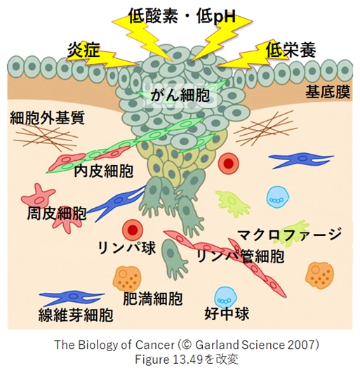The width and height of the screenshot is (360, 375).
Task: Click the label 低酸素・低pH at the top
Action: tap(182, 17)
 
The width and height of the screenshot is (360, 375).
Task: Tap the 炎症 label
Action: tap(83, 51)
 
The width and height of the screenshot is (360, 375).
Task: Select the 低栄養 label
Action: tap(291, 50)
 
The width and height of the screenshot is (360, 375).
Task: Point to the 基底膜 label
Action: tap(328, 92)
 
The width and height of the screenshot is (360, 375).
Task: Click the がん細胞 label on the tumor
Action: tap(180, 96)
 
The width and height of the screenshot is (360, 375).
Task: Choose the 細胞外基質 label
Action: tap(47, 117)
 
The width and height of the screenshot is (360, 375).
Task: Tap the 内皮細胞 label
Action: tap(104, 171)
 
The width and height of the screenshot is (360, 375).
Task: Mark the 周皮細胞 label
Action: tap(57, 213)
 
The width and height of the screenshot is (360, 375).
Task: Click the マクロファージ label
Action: tap(290, 235)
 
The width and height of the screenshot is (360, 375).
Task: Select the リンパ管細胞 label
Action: tap(241, 256)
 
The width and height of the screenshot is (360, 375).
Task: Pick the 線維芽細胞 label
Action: tap(76, 315)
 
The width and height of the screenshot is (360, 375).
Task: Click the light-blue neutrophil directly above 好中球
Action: tap(226, 298)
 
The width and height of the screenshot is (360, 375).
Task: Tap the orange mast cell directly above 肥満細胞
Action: tap(126, 278)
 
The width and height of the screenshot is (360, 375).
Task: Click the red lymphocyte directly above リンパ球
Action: tap(133, 230)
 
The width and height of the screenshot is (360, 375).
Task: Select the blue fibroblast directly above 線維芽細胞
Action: tap(72, 297)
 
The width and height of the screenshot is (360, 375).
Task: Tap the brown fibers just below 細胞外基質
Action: tap(46, 138)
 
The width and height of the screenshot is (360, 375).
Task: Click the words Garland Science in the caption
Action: tap(240, 345)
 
